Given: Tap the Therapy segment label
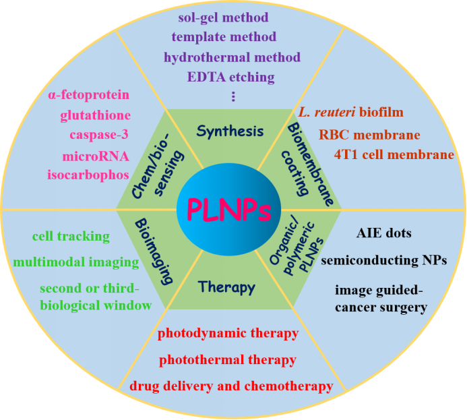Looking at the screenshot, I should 227,287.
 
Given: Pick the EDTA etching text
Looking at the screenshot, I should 230,76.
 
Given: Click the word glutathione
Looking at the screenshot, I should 95,115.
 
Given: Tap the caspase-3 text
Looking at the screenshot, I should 100,135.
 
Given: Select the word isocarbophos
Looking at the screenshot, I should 89,175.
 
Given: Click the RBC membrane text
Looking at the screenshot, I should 369,135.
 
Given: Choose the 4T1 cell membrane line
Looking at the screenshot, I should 394,154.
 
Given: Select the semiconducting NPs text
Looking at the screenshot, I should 383,261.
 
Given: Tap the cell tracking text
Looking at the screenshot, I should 71,236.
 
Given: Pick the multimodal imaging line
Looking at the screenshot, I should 86,262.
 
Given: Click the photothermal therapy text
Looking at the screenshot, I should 228,359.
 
